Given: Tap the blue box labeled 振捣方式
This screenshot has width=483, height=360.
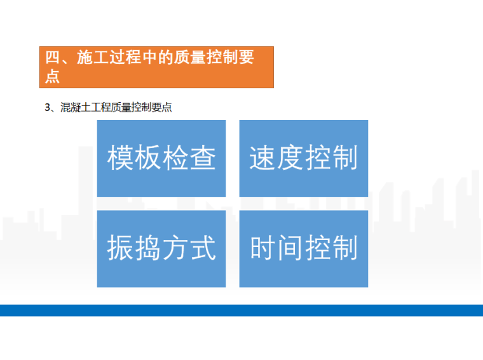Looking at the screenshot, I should [161, 248].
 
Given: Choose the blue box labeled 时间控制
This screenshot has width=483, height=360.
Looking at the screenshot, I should [303, 248].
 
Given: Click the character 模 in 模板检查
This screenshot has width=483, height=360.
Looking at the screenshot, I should [120, 158].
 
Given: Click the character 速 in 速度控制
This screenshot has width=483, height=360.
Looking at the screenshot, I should [262, 158].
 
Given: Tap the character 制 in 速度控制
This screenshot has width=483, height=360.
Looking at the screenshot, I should [344, 158].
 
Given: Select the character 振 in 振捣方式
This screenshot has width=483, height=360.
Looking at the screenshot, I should [120, 248].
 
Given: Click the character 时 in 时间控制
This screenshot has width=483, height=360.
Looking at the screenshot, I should [262, 248].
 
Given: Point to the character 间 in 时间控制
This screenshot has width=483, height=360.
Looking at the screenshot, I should [290, 248].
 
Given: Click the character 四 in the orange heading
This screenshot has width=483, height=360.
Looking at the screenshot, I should [53, 58].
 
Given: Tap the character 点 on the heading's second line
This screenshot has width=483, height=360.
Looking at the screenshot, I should [53, 76].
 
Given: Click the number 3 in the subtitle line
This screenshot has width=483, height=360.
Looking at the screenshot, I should [47, 108].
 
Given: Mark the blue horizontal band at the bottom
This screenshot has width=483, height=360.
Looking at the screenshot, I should [241, 310].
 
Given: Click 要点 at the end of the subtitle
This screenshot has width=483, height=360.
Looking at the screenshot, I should [163, 108].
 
